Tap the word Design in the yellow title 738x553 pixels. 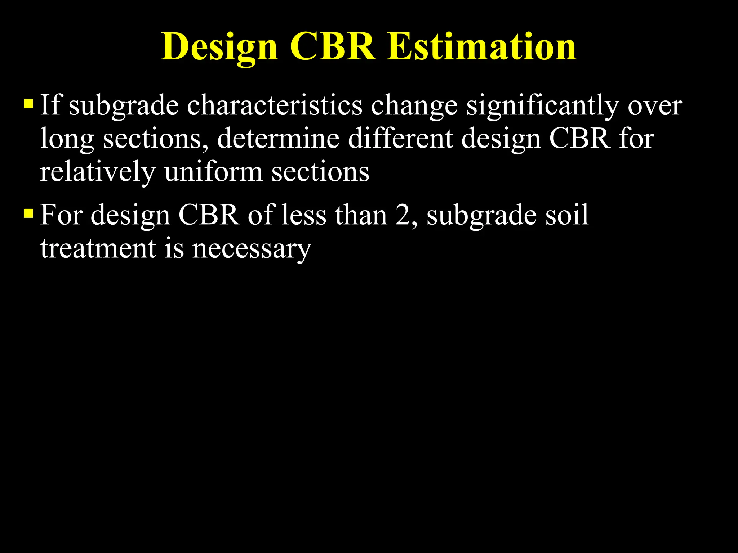pyautogui.click(x=219, y=47)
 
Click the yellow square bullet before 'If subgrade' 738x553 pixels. pyautogui.click(x=28, y=104)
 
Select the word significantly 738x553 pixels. pyautogui.click(x=543, y=107)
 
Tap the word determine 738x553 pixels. pyautogui.click(x=278, y=138)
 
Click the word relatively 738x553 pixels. pyautogui.click(x=98, y=172)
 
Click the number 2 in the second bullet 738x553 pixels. pyautogui.click(x=402, y=215)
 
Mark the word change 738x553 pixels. pyautogui.click(x=414, y=107)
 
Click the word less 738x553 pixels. pyautogui.click(x=304, y=215)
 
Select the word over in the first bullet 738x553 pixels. pyautogui.click(x=655, y=106)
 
